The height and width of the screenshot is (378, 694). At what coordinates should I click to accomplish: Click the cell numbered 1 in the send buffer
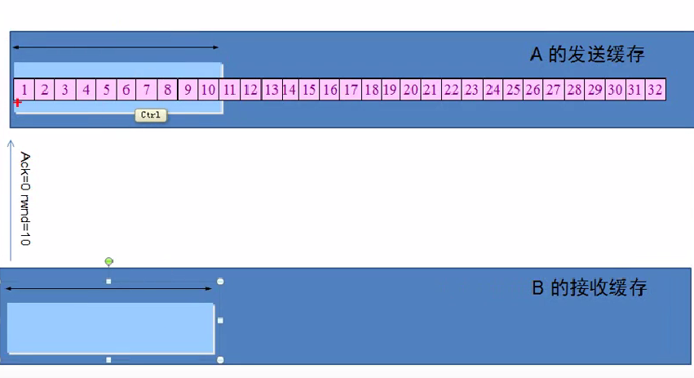tap(24, 89)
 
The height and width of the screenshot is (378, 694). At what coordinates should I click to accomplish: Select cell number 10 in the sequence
tap(208, 89)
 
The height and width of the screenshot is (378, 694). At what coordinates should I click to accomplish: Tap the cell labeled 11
tap(229, 89)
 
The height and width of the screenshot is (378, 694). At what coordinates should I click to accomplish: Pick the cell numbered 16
tap(329, 89)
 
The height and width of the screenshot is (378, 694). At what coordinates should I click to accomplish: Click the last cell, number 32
tap(655, 89)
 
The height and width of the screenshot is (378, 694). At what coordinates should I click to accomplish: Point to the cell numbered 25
tap(513, 89)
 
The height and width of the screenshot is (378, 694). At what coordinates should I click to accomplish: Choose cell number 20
tap(411, 89)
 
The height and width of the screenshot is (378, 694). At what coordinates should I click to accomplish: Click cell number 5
tap(105, 89)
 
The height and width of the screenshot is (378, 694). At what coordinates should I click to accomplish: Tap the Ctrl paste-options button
tap(151, 115)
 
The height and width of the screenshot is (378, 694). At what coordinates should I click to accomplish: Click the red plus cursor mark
tap(18, 102)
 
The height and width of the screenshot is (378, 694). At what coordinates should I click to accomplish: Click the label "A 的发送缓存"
tap(588, 55)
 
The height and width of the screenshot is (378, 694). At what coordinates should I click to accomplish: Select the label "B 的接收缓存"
tap(590, 288)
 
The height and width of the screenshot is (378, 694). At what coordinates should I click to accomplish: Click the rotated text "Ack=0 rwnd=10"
tap(25, 198)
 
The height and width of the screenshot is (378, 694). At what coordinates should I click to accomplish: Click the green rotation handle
tap(109, 261)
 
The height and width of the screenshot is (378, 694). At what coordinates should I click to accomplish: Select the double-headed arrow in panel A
tap(115, 48)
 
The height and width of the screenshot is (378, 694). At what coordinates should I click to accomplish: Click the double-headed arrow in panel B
tap(108, 288)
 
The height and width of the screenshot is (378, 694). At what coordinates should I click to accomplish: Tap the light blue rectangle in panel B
tap(110, 327)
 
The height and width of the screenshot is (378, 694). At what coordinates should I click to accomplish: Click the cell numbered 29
tap(595, 89)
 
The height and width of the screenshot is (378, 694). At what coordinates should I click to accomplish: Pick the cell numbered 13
tap(271, 89)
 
